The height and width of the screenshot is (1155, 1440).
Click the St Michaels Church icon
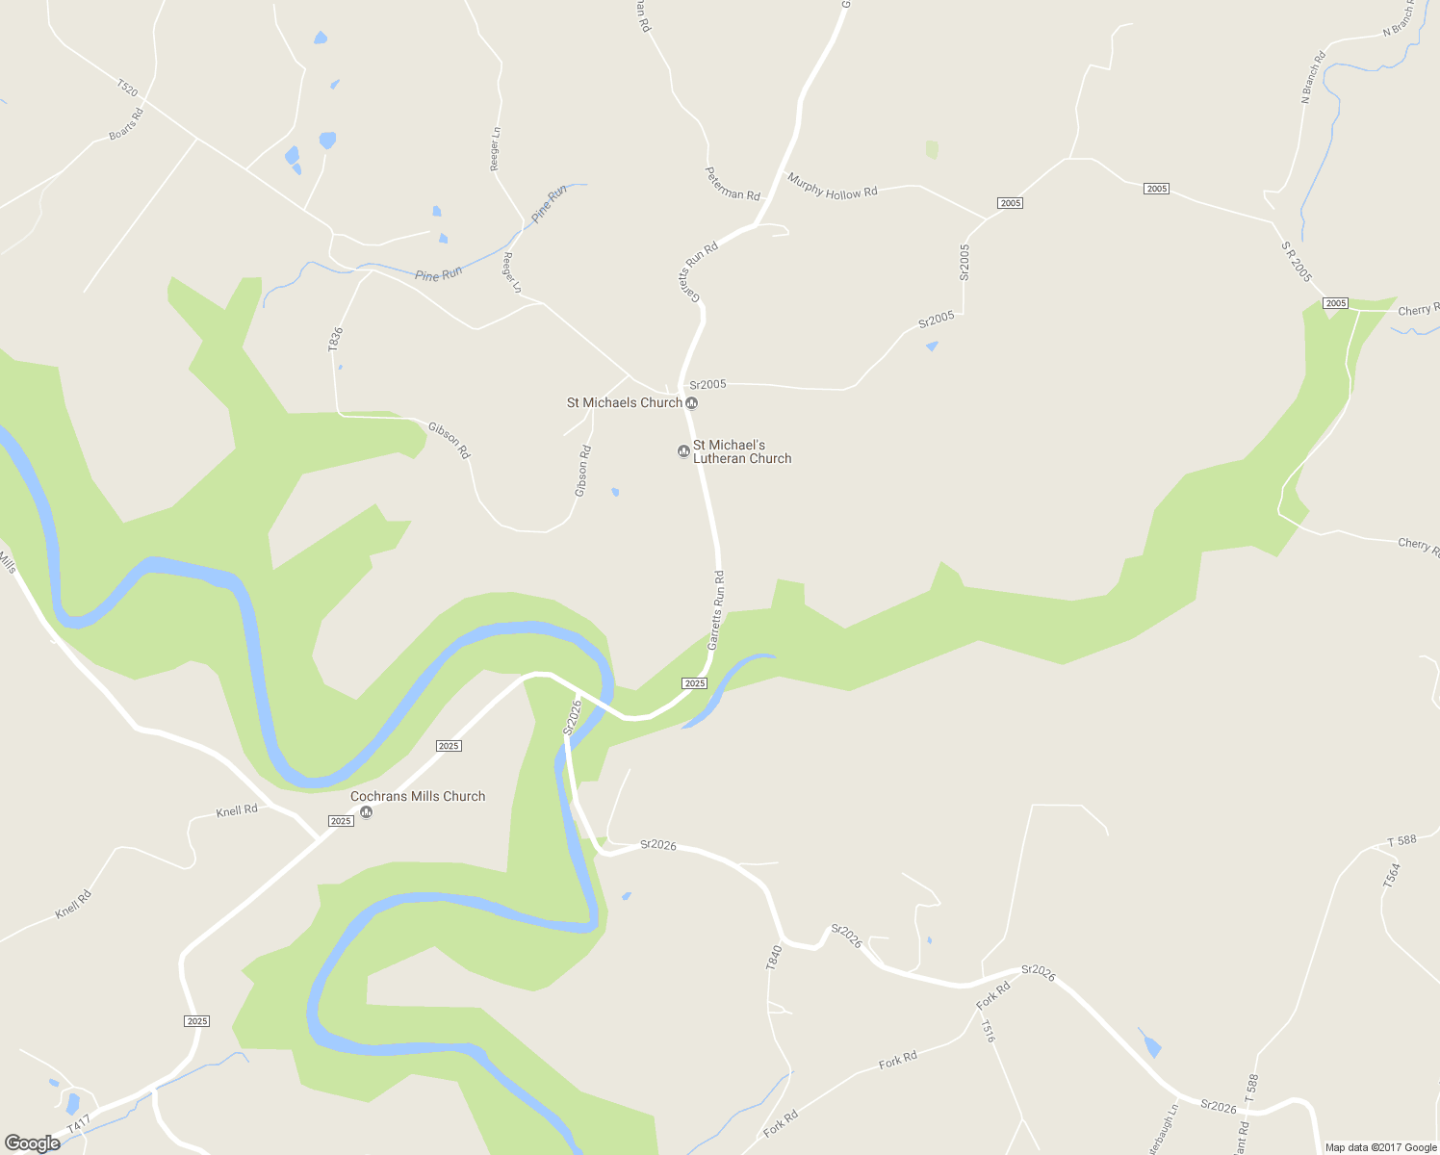point(691,403)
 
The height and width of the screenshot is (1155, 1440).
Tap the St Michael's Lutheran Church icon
point(684,450)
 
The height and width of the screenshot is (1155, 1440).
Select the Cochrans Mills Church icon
point(366,812)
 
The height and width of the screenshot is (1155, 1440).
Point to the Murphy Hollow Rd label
point(833,186)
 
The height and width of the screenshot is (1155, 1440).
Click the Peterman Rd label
point(733,184)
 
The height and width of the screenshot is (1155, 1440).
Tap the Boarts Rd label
point(126,124)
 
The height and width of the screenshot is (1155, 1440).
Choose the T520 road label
point(127,89)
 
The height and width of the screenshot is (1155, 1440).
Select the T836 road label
point(335,339)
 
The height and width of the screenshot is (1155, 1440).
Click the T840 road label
point(774,957)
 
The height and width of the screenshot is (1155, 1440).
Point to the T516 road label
point(987,1032)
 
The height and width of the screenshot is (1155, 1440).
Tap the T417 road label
point(78,1123)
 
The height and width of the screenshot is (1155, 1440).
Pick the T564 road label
point(1392,875)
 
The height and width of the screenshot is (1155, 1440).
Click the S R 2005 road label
point(1297,261)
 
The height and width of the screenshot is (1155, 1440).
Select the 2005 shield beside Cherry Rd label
point(1335,303)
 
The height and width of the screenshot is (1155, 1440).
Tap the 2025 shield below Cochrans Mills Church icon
point(341,821)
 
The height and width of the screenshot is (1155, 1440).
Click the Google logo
point(32,1143)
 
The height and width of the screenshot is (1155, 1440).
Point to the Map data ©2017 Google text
point(1380,1147)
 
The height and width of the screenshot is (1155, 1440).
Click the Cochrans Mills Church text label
point(418,796)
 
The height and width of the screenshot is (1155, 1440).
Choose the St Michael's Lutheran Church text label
point(742,451)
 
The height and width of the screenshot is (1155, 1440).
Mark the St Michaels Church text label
point(624,402)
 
